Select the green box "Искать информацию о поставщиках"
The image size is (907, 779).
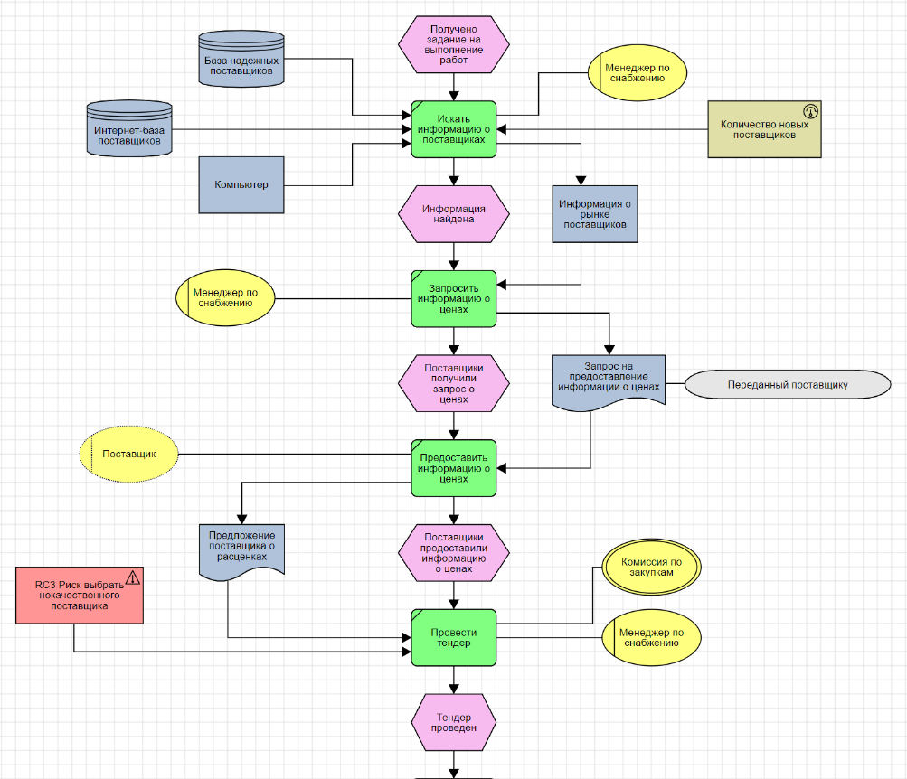tap(454, 129)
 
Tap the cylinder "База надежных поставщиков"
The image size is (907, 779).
tap(241, 61)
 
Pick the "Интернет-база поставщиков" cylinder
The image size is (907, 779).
tap(129, 130)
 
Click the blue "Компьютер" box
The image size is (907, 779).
tap(241, 185)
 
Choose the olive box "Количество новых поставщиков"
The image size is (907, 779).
tap(764, 129)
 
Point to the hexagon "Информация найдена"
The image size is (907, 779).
tap(454, 214)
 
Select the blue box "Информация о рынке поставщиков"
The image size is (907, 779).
tap(595, 215)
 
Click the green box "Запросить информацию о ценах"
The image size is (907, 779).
tap(454, 298)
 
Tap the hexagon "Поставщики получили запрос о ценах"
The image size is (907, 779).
tap(454, 383)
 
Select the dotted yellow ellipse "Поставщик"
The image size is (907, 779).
tap(129, 453)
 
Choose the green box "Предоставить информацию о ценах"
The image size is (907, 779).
tap(454, 468)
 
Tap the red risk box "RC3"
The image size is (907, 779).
tap(80, 596)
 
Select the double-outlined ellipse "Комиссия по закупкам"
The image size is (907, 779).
tap(651, 567)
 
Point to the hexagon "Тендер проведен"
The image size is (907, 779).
tap(454, 722)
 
